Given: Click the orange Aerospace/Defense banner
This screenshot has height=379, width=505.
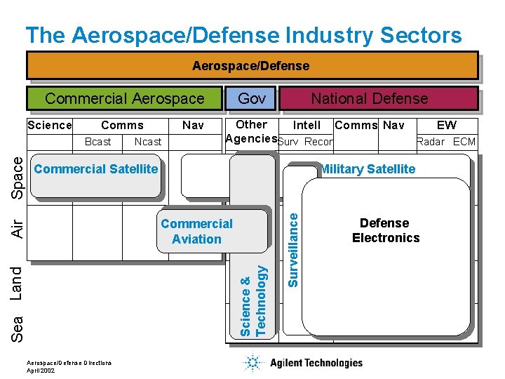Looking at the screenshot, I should pos(251,65).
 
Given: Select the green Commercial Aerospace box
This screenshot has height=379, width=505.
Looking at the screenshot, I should pos(124,98).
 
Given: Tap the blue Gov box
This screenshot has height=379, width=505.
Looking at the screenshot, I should pos(252,98).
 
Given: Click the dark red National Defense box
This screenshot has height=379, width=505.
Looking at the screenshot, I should pos(370,98).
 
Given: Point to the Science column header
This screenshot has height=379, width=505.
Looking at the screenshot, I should pos(49,126).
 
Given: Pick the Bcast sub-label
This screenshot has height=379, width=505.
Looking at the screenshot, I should pos(97,142).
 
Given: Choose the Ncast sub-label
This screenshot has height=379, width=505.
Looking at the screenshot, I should pos(148,142).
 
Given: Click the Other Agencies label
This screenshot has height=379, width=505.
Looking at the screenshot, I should pos(251,131).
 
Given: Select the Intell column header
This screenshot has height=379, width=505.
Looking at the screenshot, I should pos(307,126).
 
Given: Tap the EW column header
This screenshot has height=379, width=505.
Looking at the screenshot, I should pos(446,126).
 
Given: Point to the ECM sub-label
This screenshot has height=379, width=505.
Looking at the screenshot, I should pos(464,142).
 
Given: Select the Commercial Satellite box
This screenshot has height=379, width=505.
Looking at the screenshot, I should pos(96,169).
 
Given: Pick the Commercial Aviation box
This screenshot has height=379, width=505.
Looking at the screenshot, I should pos(197,231).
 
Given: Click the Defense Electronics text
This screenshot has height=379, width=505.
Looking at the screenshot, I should pos(385,230).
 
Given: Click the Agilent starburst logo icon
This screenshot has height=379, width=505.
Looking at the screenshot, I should pos(252,363).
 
